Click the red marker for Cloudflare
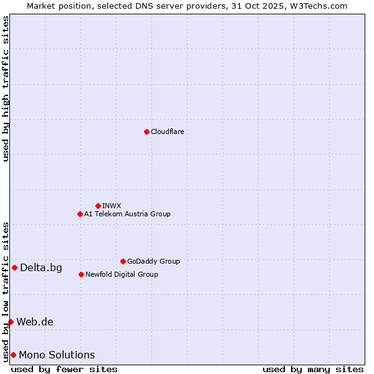click(x=146, y=132)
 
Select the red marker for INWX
click(x=98, y=206)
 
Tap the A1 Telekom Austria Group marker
click(x=80, y=214)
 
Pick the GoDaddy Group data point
click(x=123, y=261)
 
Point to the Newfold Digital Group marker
click(x=81, y=274)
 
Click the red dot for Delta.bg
click(x=14, y=267)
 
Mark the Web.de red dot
click(x=11, y=322)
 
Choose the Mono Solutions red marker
click(x=13, y=355)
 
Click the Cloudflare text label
click(x=168, y=132)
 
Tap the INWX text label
click(x=112, y=206)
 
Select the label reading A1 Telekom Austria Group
click(x=127, y=214)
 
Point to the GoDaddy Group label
click(x=153, y=261)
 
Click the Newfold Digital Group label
click(x=122, y=274)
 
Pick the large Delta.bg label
click(x=41, y=268)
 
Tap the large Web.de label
click(x=35, y=322)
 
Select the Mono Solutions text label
click(x=57, y=355)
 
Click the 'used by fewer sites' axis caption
click(x=64, y=369)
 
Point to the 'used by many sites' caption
click(x=313, y=369)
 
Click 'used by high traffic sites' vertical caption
click(x=6, y=89)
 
